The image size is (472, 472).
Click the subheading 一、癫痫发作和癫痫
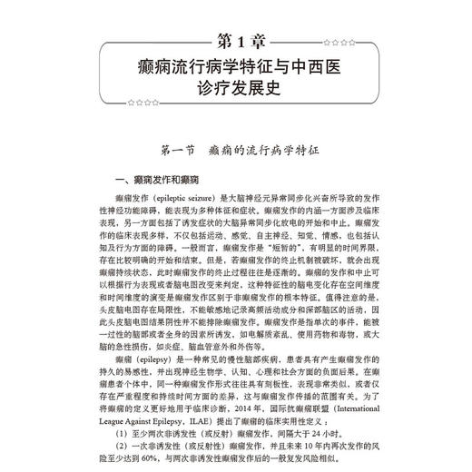pos(151,181)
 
